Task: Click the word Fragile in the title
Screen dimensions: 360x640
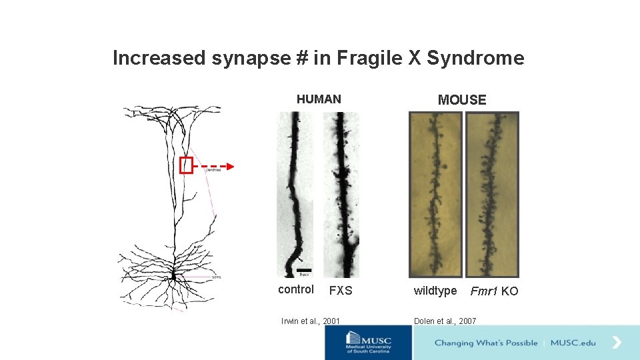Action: (369, 58)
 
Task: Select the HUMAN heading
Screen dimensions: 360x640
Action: (319, 99)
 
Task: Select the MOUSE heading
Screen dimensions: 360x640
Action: (462, 100)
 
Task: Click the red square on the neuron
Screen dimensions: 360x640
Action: (186, 165)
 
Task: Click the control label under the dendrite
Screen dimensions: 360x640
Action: (296, 289)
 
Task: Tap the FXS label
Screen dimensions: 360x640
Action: (341, 291)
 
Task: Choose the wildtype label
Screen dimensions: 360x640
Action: (435, 291)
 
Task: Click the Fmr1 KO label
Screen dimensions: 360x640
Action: (494, 291)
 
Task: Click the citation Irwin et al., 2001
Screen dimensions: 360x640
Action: (311, 321)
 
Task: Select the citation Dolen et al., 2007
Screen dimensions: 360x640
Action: (445, 321)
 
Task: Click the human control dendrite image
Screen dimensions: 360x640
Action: (295, 193)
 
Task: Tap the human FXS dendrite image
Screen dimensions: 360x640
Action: (341, 193)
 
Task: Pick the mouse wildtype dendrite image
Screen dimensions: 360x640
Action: (435, 193)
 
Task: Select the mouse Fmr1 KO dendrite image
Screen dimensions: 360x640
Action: (492, 193)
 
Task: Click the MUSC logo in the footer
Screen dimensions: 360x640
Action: (369, 343)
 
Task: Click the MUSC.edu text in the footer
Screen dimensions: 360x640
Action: (573, 343)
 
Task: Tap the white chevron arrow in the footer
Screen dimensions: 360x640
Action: (617, 343)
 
